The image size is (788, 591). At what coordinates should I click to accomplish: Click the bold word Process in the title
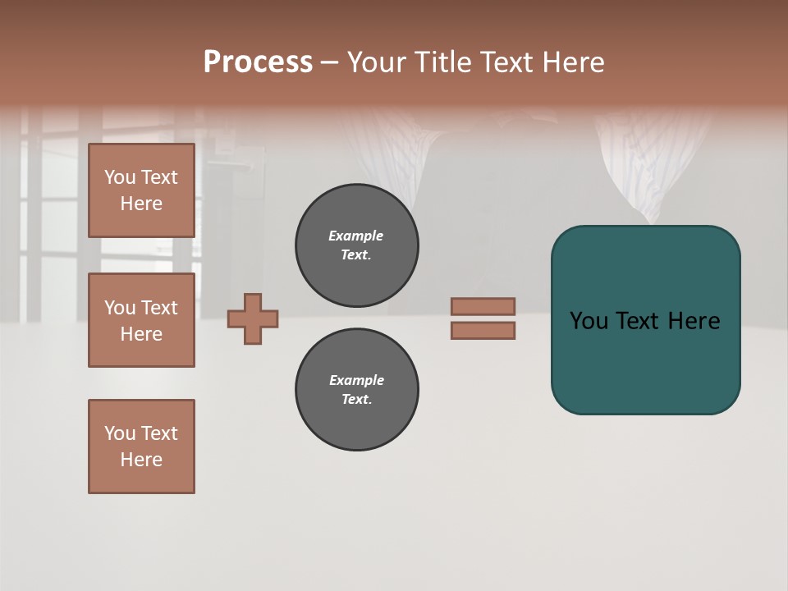click(x=258, y=62)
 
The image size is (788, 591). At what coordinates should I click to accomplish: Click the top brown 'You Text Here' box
click(x=141, y=190)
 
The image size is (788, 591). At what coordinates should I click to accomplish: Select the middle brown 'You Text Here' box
click(x=141, y=320)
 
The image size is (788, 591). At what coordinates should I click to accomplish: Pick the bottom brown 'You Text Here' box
click(x=141, y=447)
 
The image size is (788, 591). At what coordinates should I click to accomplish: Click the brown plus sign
click(x=253, y=318)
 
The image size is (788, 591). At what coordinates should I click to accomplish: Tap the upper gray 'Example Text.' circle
click(x=356, y=245)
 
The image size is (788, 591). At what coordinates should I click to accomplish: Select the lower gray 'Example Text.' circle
click(x=356, y=390)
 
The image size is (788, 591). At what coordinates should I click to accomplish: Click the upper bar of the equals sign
click(x=483, y=306)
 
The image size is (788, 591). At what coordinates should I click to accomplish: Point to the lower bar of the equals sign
click(x=483, y=331)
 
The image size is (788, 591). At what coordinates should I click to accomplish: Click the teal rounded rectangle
click(x=645, y=361)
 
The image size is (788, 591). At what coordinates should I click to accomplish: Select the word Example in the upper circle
click(x=356, y=236)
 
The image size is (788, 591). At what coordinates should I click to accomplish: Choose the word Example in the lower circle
click(x=356, y=380)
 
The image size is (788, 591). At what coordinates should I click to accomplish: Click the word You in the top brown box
click(x=120, y=177)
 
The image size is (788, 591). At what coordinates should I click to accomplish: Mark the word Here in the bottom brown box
click(x=141, y=460)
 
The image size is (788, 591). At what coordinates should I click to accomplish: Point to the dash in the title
click(x=330, y=62)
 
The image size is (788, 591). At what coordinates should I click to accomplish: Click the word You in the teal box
click(x=589, y=321)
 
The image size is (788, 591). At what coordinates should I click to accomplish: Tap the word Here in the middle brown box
click(x=141, y=334)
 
